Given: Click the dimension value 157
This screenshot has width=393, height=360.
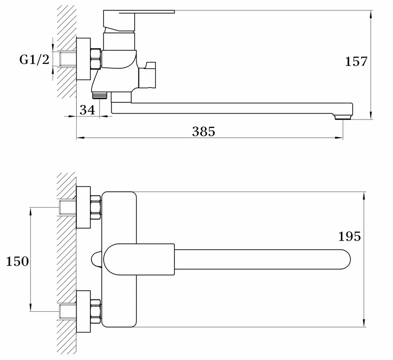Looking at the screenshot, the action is click(356, 61).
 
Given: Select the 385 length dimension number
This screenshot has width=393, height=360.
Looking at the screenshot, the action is click(203, 132).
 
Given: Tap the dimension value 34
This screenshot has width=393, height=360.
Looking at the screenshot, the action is click(87, 110).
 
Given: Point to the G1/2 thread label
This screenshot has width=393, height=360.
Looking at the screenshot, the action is click(34, 60).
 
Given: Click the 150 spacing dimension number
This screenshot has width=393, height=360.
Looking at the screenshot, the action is click(17, 262).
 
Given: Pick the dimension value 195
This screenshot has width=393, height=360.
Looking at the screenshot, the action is click(350, 237).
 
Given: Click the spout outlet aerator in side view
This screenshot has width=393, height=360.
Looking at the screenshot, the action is click(342, 117).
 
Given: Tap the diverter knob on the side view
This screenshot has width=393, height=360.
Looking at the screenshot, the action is click(147, 75).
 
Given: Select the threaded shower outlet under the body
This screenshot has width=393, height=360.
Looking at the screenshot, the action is click(100, 94).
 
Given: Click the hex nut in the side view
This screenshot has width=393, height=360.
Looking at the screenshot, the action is click(95, 59).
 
